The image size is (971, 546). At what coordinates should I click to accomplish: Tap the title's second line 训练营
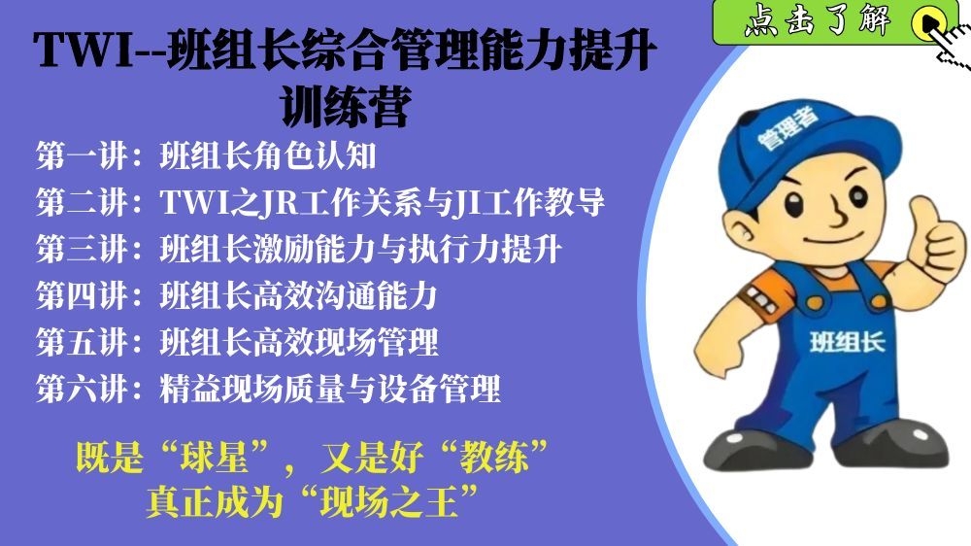pos(347,107)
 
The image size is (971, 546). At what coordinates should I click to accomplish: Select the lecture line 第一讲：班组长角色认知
pos(206,155)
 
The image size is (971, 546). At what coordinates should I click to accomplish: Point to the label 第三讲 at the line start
pos(82,249)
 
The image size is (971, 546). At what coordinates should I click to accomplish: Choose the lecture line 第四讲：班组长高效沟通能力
pos(237,295)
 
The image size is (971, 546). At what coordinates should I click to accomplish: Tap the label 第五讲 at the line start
pos(82,342)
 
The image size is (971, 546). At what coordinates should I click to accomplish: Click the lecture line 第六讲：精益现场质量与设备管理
pos(268,389)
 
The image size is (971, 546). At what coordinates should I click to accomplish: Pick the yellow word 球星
pos(214,457)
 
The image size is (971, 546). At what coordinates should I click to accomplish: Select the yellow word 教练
pos(493,457)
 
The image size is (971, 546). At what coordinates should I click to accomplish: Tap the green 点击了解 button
pos(835,22)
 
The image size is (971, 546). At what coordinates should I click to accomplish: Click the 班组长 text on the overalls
pos(847,342)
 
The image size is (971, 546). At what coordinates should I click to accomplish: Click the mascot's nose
pos(837,214)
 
